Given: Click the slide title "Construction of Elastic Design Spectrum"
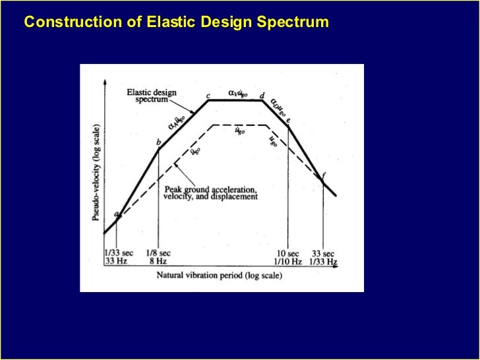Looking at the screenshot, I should click(176, 22).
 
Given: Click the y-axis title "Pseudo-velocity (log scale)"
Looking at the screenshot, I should click(96, 171).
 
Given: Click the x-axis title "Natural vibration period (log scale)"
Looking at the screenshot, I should click(218, 276).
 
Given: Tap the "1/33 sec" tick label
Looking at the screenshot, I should click(119, 253).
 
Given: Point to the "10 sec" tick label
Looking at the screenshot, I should click(289, 253).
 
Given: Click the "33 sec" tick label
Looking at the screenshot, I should click(322, 253).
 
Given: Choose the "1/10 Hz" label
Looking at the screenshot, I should click(288, 262).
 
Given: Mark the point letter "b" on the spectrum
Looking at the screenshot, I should click(158, 142).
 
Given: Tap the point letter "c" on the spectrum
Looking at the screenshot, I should click(208, 96).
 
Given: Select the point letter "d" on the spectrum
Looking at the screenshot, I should click(262, 96).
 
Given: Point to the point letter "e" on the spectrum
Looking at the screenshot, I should click(289, 121).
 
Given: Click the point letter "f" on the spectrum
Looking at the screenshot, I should click(324, 174).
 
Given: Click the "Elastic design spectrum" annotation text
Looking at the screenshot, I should click(152, 96).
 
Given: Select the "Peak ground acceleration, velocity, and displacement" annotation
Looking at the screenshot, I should click(210, 193).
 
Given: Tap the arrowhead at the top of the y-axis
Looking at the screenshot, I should click(104, 83).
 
